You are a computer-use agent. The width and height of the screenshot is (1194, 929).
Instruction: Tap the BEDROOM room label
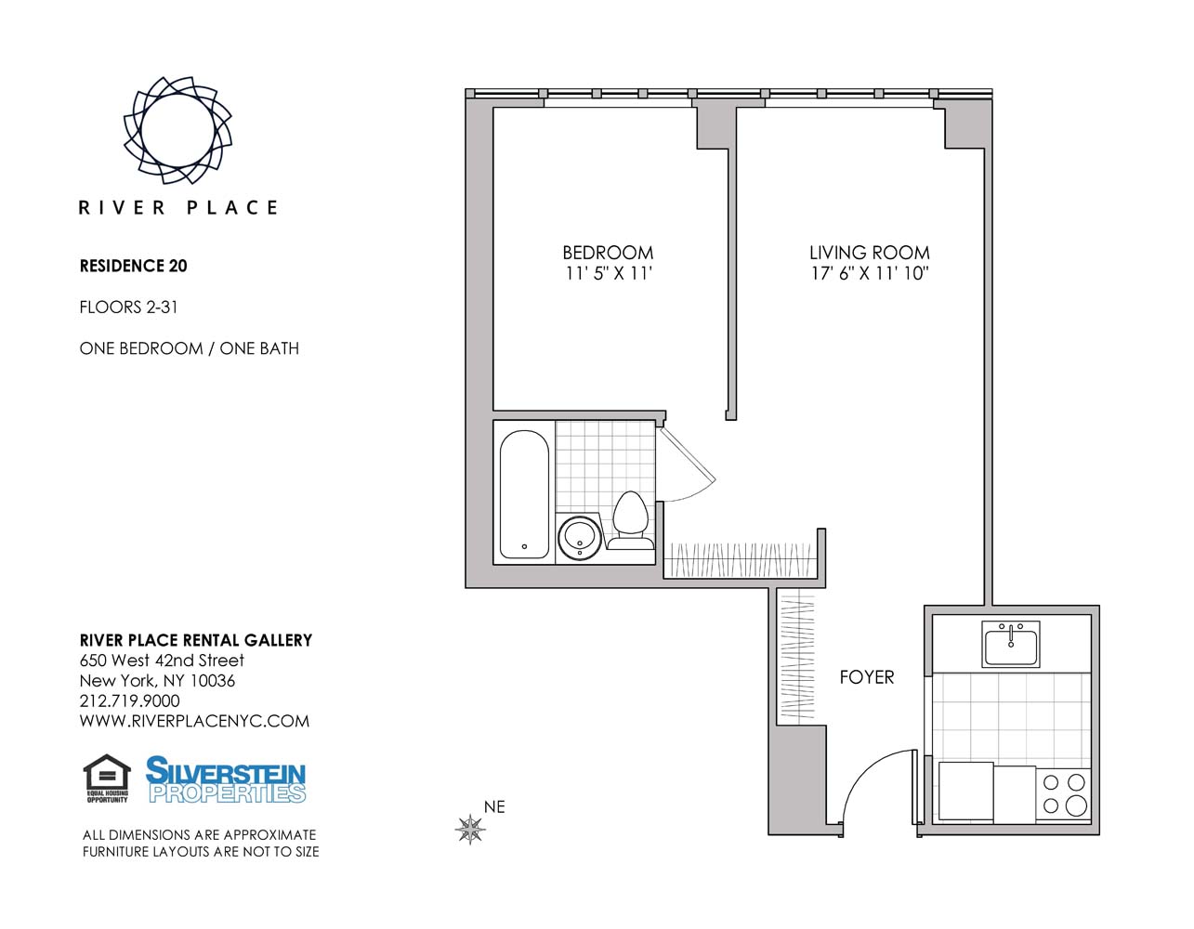608,253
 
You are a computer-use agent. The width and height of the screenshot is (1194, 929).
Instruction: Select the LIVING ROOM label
869,253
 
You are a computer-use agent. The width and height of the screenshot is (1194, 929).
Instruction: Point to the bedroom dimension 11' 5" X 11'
609,274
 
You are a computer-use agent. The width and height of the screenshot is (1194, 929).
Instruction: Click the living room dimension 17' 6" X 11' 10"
869,274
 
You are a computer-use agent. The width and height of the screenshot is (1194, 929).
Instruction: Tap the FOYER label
866,677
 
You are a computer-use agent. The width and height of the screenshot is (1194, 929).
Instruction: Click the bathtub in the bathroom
524,494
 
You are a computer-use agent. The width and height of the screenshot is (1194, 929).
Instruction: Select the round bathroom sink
581,537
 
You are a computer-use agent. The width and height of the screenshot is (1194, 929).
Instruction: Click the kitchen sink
1011,644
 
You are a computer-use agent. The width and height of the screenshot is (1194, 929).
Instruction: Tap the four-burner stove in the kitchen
1064,794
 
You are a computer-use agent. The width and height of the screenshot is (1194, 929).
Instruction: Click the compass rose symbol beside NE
471,829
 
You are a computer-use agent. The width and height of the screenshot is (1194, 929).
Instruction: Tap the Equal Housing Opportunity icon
107,779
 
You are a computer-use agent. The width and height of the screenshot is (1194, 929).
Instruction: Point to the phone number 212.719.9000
129,701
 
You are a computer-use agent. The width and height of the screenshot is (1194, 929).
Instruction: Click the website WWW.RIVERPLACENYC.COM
194,722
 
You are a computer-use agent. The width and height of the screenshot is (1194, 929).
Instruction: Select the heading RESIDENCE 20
134,266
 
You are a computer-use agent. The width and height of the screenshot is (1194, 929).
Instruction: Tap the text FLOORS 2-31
128,307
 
